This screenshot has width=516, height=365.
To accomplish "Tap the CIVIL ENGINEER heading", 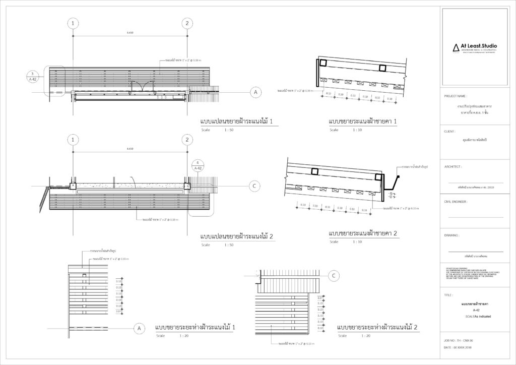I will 456,201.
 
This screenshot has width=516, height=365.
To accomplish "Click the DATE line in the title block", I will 460,348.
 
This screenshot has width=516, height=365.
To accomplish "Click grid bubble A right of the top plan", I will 255,92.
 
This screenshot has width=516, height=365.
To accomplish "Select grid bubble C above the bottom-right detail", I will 334,276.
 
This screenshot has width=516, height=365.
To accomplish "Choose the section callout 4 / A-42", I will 199,166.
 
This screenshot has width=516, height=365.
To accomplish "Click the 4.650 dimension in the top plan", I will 130,33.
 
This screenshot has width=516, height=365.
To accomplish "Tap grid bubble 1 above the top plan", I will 74,23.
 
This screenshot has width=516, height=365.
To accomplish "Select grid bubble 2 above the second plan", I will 187,140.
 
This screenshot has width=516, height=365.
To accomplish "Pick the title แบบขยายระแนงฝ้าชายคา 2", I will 363,233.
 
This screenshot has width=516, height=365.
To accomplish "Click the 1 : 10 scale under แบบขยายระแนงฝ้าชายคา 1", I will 357,130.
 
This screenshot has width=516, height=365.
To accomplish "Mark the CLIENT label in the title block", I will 450,131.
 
